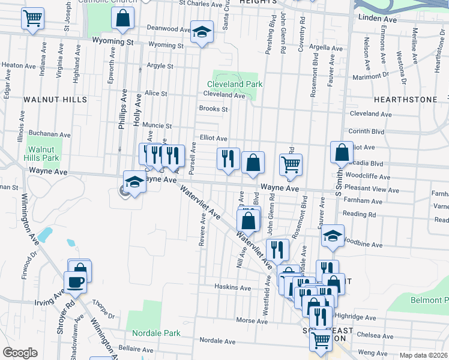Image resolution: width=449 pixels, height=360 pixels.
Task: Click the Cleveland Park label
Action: pos(235,85)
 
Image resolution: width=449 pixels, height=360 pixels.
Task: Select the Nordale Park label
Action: pos(157,333)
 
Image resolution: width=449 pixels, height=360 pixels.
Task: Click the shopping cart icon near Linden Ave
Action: pos(32,18)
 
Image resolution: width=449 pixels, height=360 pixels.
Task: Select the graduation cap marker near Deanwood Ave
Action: pos(202,32)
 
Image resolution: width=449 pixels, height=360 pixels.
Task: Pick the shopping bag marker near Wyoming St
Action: pos(122,19)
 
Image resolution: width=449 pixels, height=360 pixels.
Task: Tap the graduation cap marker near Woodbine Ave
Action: pos(332,236)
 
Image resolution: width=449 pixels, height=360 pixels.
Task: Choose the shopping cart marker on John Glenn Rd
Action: pos(291,165)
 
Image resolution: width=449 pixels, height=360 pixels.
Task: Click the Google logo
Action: pos(20,353)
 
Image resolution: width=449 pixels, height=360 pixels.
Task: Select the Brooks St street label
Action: pos(213,109)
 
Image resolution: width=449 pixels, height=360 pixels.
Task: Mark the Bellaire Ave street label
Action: pos(136,349)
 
